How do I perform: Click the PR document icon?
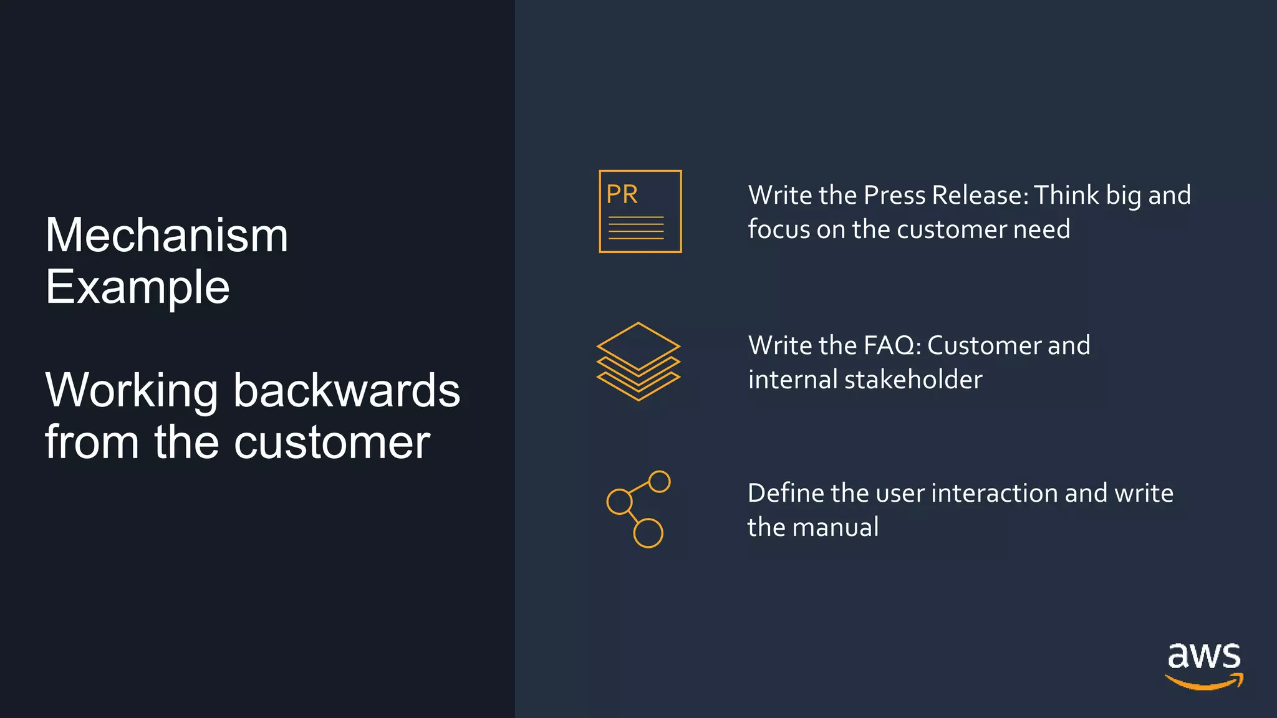point(640,211)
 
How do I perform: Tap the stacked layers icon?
point(638,361)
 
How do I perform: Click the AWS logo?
point(1204,666)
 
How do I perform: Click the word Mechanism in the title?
point(166,236)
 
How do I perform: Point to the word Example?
point(137,287)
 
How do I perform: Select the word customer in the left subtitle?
point(332,443)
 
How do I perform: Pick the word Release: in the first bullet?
point(980,196)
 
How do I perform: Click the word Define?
point(786,493)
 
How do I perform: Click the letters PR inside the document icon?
point(622,194)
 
